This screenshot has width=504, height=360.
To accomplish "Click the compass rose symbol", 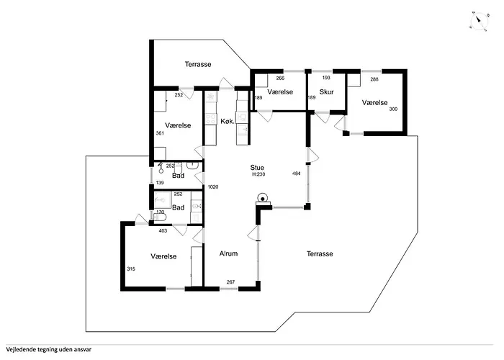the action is (x=479, y=22).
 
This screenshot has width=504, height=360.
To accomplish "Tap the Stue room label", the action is (x=257, y=168).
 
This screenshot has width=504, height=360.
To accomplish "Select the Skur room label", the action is (x=326, y=92).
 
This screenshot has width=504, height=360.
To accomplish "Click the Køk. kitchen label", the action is (x=228, y=122).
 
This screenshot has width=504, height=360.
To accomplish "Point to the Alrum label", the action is (x=228, y=253).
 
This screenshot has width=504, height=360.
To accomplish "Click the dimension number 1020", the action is (x=213, y=186).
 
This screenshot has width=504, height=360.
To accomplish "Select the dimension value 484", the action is (x=297, y=174).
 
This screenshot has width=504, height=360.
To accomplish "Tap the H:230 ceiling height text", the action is (x=258, y=174).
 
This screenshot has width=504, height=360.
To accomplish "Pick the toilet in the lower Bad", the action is (x=160, y=217).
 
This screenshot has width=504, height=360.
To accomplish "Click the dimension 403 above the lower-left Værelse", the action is (x=163, y=231).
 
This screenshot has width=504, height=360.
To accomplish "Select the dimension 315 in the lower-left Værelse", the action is (x=131, y=269).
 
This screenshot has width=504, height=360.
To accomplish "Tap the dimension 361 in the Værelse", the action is (x=160, y=133).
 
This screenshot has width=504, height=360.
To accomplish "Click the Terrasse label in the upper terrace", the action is (x=198, y=64).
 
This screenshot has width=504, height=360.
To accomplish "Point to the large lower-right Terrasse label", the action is (x=320, y=254).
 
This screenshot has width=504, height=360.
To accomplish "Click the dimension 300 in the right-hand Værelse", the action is (x=393, y=109).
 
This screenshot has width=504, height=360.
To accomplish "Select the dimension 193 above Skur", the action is (x=326, y=78).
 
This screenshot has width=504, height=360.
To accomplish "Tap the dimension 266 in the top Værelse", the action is (x=280, y=78).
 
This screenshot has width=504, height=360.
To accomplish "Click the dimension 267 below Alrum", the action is (x=231, y=282).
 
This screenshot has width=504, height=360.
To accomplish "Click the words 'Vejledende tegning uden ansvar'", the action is (x=48, y=350).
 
